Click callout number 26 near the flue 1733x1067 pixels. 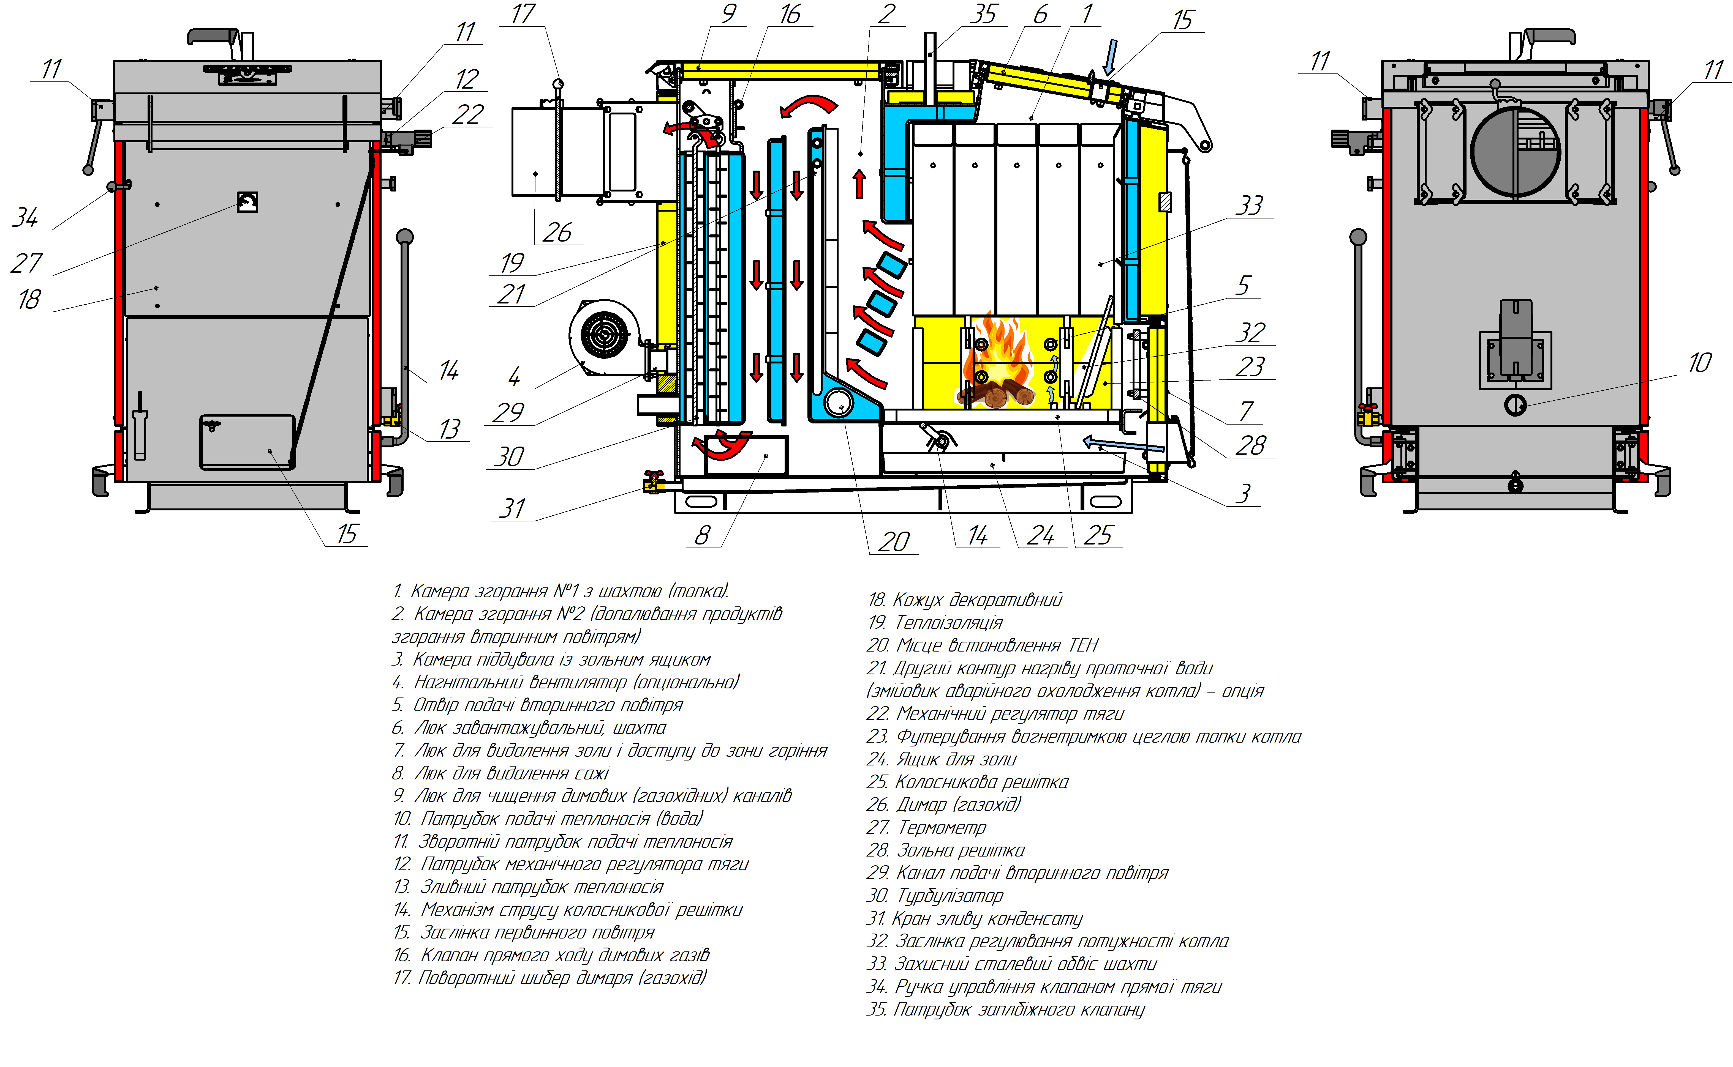(x=557, y=232)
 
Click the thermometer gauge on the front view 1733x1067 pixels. (x=247, y=203)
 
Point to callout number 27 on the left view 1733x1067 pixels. (x=27, y=263)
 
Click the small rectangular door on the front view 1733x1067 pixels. (x=247, y=442)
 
